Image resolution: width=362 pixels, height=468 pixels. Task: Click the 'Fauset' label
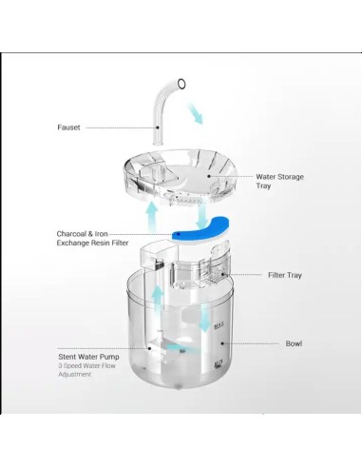click(68, 127)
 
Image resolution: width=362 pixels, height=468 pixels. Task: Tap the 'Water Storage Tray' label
click(279, 181)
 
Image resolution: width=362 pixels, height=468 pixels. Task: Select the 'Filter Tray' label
click(285, 275)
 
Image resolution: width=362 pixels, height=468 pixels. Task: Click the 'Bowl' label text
click(294, 343)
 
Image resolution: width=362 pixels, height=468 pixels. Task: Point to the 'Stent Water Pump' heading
click(88, 357)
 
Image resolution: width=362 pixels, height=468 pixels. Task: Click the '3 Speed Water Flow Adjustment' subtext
click(86, 370)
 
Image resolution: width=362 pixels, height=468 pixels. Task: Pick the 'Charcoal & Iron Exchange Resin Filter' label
click(92, 239)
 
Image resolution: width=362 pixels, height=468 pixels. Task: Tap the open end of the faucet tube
click(181, 84)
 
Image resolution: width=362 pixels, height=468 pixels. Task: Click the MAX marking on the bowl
click(219, 325)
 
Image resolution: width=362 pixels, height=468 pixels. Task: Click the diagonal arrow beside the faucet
click(196, 114)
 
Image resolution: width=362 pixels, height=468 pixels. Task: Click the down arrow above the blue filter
click(202, 217)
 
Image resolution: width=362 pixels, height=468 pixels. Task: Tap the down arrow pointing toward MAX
click(205, 318)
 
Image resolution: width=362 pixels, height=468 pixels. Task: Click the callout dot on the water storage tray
click(209, 176)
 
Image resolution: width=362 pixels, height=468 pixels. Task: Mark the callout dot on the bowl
click(222, 343)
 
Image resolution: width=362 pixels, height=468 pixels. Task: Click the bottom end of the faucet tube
click(158, 144)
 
